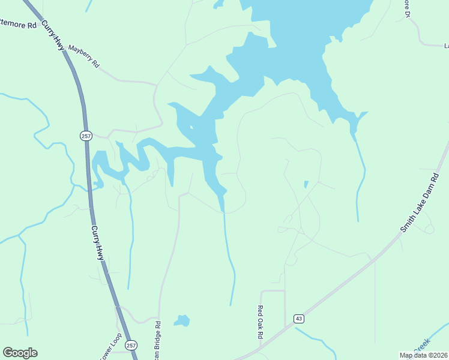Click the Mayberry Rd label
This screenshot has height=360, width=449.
coord(83,56)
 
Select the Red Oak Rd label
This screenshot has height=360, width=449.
coord(261,323)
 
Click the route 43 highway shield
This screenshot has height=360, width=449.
coord(298,319)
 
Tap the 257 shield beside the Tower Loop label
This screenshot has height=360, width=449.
coord(132,345)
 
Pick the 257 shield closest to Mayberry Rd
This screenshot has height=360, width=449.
coord(86,136)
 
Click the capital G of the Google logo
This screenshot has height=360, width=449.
coord(9,353)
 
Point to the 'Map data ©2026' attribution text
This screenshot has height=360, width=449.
coord(423,355)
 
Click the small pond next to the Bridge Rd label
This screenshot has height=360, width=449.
coord(182,320)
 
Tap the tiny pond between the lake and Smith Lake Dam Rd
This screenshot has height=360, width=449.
coord(306,184)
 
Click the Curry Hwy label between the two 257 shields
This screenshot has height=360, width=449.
coord(98,242)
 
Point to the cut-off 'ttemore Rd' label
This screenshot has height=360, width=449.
coord(19,25)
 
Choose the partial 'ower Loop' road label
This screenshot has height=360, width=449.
coord(110,347)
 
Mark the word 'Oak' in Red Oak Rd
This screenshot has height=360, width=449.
coord(261,323)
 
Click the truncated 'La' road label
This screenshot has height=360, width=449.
coord(446,46)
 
